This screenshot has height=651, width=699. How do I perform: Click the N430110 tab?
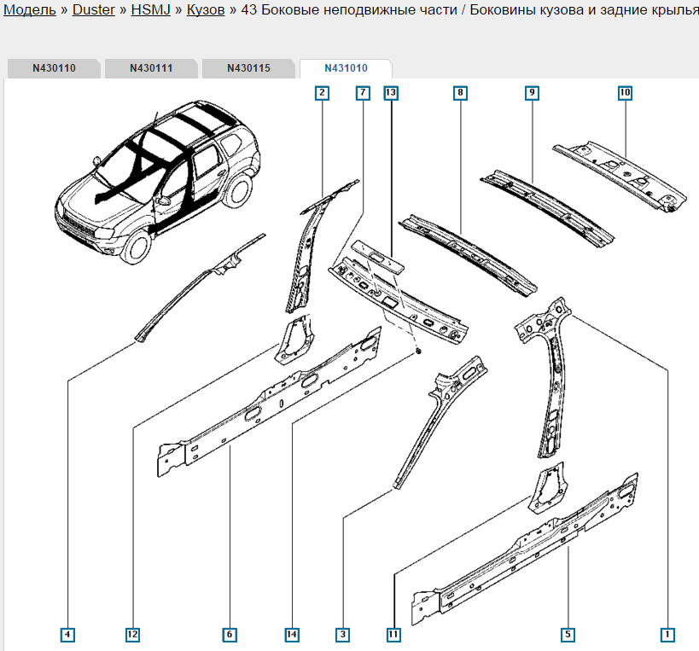[x=55, y=68]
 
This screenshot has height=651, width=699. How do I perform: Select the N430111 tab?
[x=152, y=68]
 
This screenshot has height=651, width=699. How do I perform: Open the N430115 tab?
[x=248, y=68]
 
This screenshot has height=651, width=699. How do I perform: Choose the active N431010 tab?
[x=346, y=68]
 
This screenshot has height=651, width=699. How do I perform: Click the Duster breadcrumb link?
[x=94, y=11]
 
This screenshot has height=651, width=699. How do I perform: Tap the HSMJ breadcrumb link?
[x=149, y=11]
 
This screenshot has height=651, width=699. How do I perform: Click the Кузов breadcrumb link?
[x=206, y=11]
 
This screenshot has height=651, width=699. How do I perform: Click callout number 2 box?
[x=322, y=92]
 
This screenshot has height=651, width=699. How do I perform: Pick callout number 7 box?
[x=363, y=92]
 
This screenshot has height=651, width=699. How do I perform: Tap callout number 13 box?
[x=391, y=92]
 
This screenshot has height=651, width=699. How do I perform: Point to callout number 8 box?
[x=460, y=92]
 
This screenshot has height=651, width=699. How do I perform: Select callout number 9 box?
[x=532, y=92]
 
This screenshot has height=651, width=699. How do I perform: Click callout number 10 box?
[x=625, y=92]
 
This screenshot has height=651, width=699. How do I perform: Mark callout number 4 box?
[x=67, y=634]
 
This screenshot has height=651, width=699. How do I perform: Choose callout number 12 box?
[x=132, y=634]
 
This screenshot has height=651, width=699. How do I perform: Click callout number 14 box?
[x=293, y=634]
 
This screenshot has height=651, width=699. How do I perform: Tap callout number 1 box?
[x=668, y=634]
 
